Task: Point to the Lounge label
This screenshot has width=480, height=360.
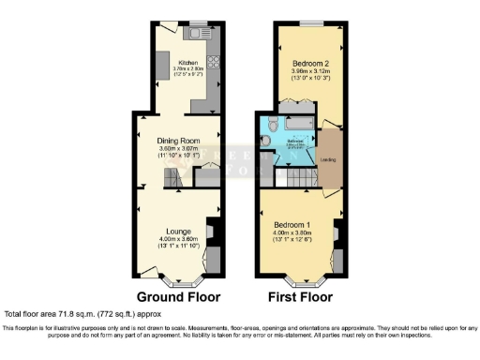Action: coord(180,231)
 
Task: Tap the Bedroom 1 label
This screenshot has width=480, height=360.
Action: coord(293,226)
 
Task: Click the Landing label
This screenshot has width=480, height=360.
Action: coord(328,158)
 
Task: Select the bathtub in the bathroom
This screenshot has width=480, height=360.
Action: coord(298,124)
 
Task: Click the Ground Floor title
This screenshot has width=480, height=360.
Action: coord(178,296)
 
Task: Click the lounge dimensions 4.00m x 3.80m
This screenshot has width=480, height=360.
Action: coord(180,239)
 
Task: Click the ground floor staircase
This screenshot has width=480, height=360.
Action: coord(171,178)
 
